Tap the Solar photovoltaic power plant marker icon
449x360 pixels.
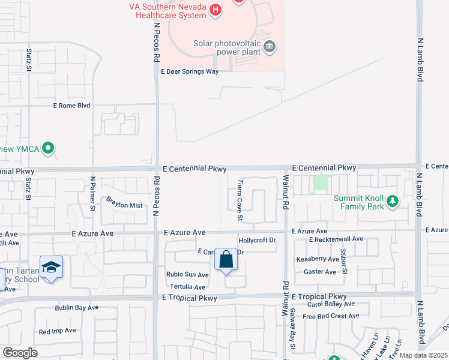270,47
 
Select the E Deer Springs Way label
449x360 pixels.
189,71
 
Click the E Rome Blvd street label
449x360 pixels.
71,106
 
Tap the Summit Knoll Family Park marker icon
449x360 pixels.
393,200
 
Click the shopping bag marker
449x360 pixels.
226,260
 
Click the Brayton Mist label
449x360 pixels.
124,205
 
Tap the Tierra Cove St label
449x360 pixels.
239,200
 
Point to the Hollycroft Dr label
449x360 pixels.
257,240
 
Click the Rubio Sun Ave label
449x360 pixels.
187,275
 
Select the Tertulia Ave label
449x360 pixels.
187,287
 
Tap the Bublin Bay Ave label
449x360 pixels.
76,308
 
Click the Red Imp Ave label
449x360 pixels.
57,331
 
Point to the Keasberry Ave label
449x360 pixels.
317,259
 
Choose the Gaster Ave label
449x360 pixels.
320,272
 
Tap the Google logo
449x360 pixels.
20,353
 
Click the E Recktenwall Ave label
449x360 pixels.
336,239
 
